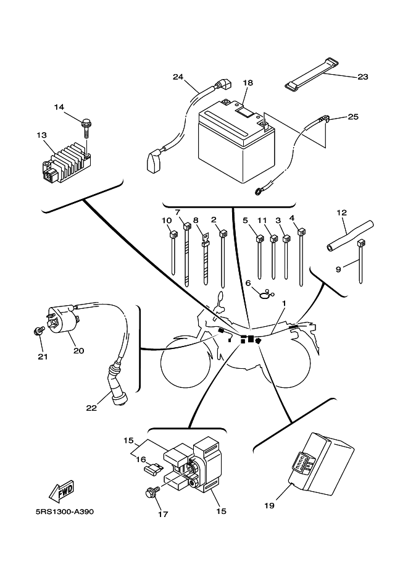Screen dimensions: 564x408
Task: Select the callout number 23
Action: (362, 77)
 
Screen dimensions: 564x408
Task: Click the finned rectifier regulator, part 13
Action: (67, 159)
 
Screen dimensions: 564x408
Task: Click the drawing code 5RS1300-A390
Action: (65, 512)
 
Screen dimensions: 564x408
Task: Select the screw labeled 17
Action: (149, 492)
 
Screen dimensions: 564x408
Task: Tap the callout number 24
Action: (178, 77)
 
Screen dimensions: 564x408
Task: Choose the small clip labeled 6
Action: (265, 295)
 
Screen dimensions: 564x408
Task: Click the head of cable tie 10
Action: (173, 234)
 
